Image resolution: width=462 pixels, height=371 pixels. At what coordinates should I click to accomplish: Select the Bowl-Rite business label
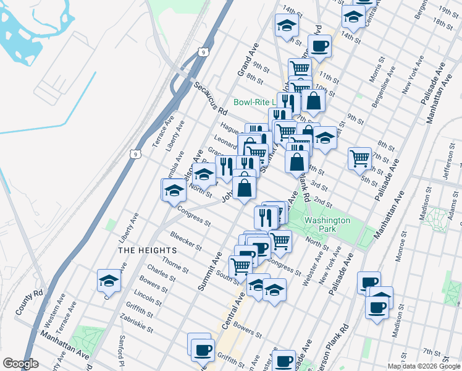pos(254,102)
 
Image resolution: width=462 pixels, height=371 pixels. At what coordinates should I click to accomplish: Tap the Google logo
pos(20,364)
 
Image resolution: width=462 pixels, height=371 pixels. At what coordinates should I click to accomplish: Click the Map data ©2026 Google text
pos(423,366)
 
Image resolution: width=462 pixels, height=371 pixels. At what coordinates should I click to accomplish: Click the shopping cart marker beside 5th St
pos(359,158)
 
